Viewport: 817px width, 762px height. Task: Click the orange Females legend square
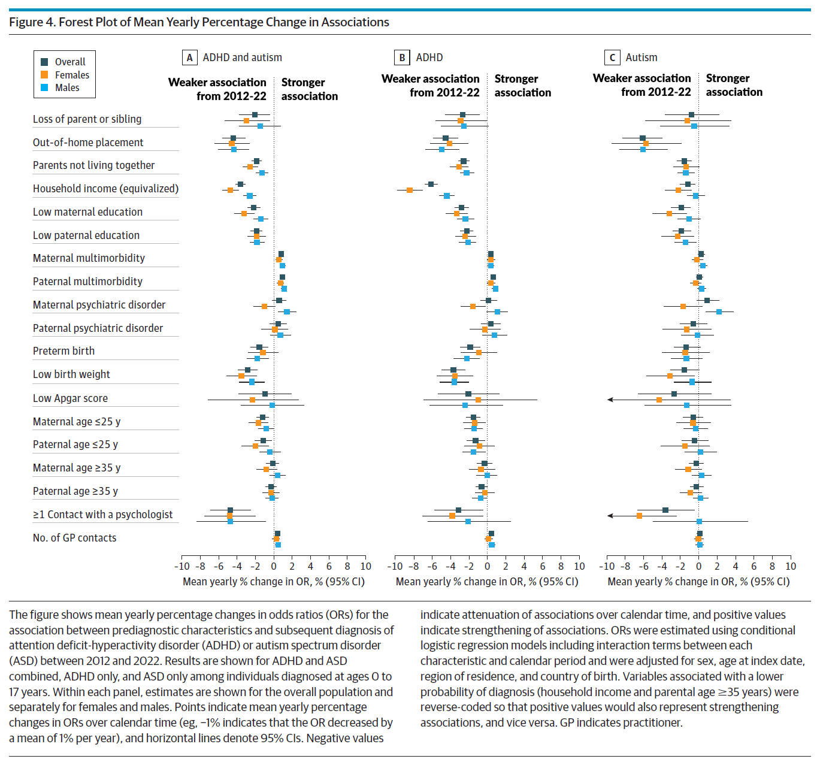click(x=44, y=74)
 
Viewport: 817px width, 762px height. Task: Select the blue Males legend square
click(x=44, y=87)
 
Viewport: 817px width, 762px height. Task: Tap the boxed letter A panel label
click(x=189, y=58)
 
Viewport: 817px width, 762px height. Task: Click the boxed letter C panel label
click(x=612, y=58)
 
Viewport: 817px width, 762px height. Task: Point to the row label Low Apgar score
click(x=70, y=398)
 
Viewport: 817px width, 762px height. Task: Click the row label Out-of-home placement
click(x=88, y=143)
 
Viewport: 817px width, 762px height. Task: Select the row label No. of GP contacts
click(x=74, y=538)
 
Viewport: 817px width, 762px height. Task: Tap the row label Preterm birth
click(x=63, y=351)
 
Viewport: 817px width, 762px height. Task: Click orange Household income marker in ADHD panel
click(x=409, y=190)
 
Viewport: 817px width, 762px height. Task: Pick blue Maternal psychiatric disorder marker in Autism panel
click(x=719, y=312)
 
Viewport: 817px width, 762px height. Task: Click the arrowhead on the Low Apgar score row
click(x=610, y=400)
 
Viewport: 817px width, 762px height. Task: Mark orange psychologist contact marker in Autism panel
click(x=639, y=516)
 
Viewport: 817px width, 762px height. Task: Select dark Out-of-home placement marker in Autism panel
click(x=642, y=138)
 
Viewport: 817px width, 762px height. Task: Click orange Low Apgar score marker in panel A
click(x=252, y=400)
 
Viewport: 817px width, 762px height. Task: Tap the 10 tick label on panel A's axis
click(x=365, y=567)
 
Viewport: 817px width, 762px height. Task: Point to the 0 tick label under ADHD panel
click(x=487, y=567)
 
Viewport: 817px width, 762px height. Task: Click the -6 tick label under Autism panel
click(x=643, y=567)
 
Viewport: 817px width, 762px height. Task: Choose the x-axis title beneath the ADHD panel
click(x=486, y=582)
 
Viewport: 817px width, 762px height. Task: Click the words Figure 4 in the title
click(x=32, y=22)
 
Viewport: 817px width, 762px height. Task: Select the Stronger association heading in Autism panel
click(x=734, y=85)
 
